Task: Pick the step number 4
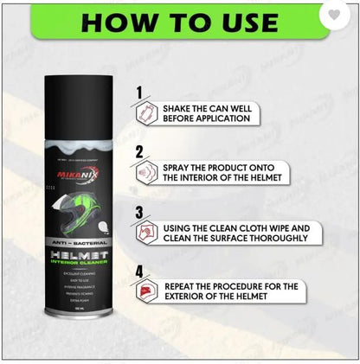pyautogui.click(x=139, y=271)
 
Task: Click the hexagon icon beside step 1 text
pyautogui.click(x=145, y=112)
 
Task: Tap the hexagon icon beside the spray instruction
pyautogui.click(x=145, y=172)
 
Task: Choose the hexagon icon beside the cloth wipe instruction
pyautogui.click(x=145, y=233)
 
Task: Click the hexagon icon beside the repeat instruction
pyautogui.click(x=145, y=292)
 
